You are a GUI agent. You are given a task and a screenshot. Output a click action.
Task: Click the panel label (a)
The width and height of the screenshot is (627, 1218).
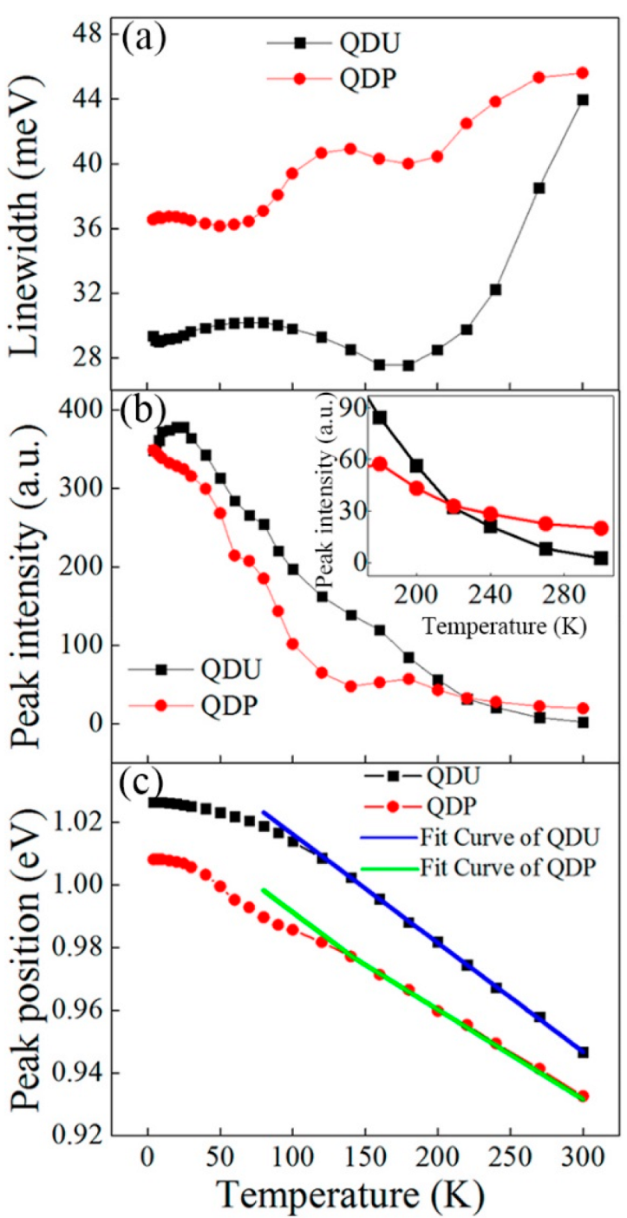147,40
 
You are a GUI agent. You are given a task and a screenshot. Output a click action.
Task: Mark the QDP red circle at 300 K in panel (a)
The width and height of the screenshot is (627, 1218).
583,73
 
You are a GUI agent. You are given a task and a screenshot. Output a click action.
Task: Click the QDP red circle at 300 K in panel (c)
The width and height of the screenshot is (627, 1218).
583,1096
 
